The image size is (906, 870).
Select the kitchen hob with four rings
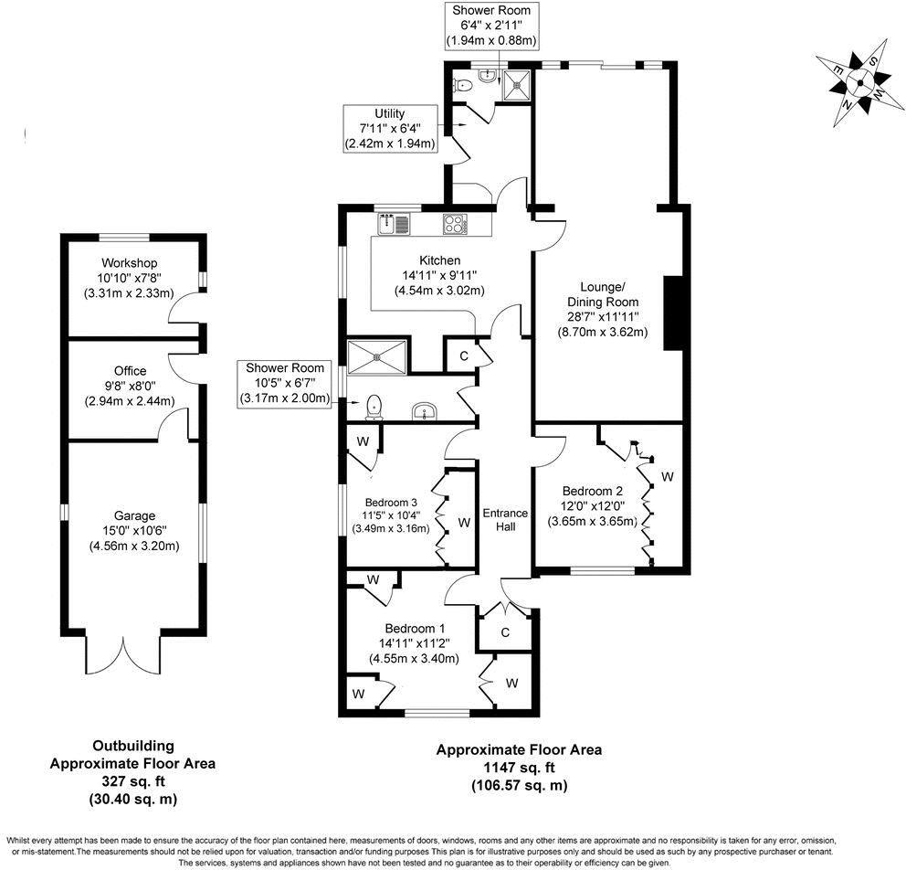(x=454, y=223)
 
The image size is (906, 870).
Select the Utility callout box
(x=390, y=128)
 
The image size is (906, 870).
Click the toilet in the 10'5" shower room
(x=373, y=406)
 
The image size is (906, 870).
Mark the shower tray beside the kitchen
(x=377, y=355)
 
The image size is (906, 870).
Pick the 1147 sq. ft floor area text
(x=519, y=767)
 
